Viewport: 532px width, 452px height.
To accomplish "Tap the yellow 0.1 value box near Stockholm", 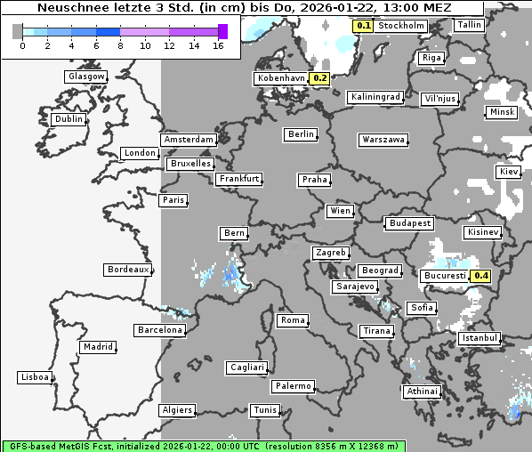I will click(x=363, y=26).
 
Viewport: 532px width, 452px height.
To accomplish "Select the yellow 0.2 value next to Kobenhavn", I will click(x=320, y=78).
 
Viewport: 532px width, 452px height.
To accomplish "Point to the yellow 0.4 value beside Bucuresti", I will click(x=481, y=276).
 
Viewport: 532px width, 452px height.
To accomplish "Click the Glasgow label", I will click(x=86, y=77).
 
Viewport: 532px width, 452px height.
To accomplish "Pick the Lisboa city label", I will click(x=35, y=377).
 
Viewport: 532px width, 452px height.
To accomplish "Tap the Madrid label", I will click(x=97, y=347).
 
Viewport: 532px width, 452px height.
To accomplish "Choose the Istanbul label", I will click(x=480, y=339).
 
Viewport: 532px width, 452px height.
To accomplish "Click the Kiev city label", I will click(x=509, y=171).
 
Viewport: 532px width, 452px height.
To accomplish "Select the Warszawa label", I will click(x=383, y=140).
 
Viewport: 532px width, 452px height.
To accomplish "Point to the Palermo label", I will click(x=293, y=386).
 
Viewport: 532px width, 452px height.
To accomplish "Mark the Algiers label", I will click(x=176, y=410).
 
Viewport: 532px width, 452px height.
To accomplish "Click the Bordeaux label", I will click(x=127, y=270).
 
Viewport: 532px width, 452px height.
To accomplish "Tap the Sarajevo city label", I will click(x=355, y=287).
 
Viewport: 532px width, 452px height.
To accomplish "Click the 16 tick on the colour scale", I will click(x=219, y=44).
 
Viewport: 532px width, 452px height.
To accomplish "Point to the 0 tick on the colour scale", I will click(x=22, y=44).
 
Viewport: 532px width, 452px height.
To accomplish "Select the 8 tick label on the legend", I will click(x=120, y=44).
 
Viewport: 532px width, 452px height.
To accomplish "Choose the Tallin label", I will click(x=468, y=25).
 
